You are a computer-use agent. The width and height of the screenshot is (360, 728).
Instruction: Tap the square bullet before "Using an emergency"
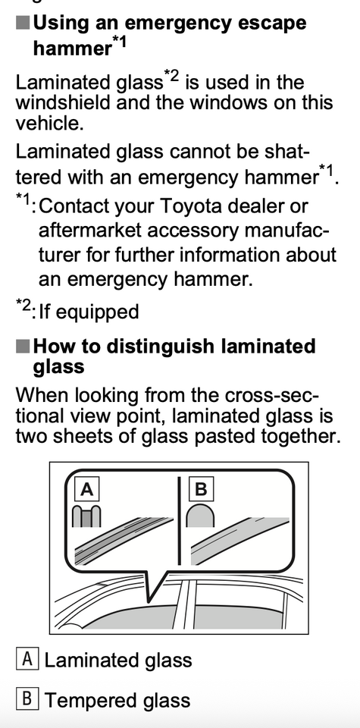pos(23,22)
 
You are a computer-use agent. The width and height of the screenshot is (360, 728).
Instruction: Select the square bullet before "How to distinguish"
pos(23,347)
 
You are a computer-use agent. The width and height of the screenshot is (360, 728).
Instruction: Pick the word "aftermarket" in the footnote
pos(92,231)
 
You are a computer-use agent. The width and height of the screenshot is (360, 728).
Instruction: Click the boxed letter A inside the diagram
pos(87,489)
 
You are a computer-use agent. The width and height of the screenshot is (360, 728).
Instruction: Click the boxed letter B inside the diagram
pos(202,489)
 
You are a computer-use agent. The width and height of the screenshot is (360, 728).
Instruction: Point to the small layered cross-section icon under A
pos(86,516)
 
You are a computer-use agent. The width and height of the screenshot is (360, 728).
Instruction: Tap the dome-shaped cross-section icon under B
pos(200,516)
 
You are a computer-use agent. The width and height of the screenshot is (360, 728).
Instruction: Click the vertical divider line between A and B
pos(179,520)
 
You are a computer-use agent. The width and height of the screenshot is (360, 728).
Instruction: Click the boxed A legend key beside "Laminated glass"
pos(27,659)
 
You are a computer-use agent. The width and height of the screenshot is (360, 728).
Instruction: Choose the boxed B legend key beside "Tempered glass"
pos(27,698)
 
